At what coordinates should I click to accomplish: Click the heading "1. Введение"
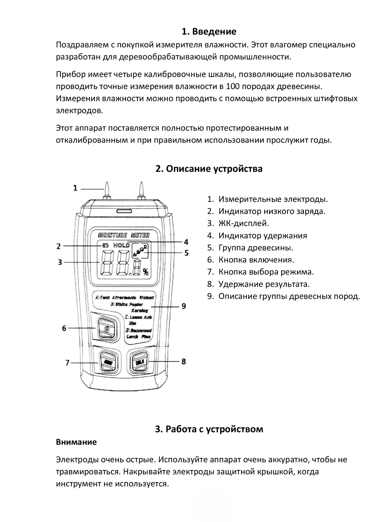(x=209, y=32)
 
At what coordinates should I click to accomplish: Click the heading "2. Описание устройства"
(x=209, y=169)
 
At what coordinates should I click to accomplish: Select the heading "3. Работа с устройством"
(x=209, y=429)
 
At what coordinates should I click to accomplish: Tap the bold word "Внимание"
(x=76, y=442)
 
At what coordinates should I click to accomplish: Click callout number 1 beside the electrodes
(x=75, y=188)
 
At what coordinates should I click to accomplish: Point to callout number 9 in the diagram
(x=184, y=306)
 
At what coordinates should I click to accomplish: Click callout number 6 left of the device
(x=64, y=328)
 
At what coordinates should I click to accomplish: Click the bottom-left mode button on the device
(x=106, y=361)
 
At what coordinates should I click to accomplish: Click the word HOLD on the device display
(x=121, y=245)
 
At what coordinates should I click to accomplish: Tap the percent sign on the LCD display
(x=146, y=271)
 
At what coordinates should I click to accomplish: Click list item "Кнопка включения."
(x=256, y=260)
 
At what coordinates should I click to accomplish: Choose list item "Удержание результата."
(x=264, y=284)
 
